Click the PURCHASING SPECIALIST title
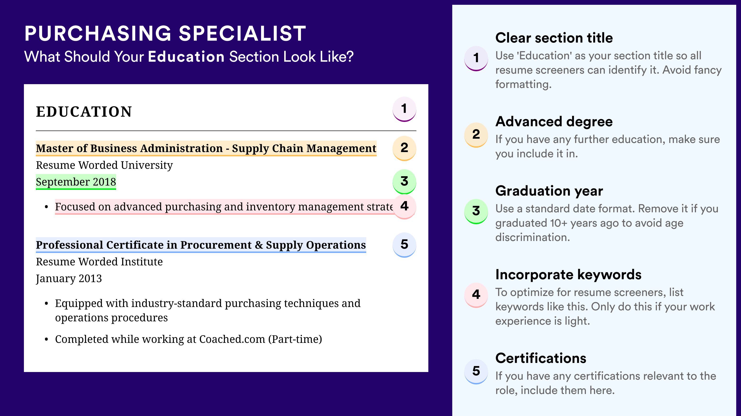(165, 33)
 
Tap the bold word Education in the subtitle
(186, 56)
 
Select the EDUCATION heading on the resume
(84, 112)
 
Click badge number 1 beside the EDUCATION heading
(404, 109)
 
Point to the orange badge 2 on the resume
(404, 148)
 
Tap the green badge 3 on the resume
(404, 181)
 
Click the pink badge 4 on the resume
(404, 207)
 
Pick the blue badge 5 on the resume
(404, 245)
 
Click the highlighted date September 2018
(76, 182)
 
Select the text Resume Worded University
(104, 165)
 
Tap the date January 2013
(69, 279)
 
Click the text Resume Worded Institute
(99, 262)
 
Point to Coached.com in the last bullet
(232, 339)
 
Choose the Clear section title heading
(554, 38)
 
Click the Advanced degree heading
(554, 122)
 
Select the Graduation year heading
(549, 191)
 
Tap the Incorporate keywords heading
(568, 274)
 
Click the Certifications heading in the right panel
(541, 358)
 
